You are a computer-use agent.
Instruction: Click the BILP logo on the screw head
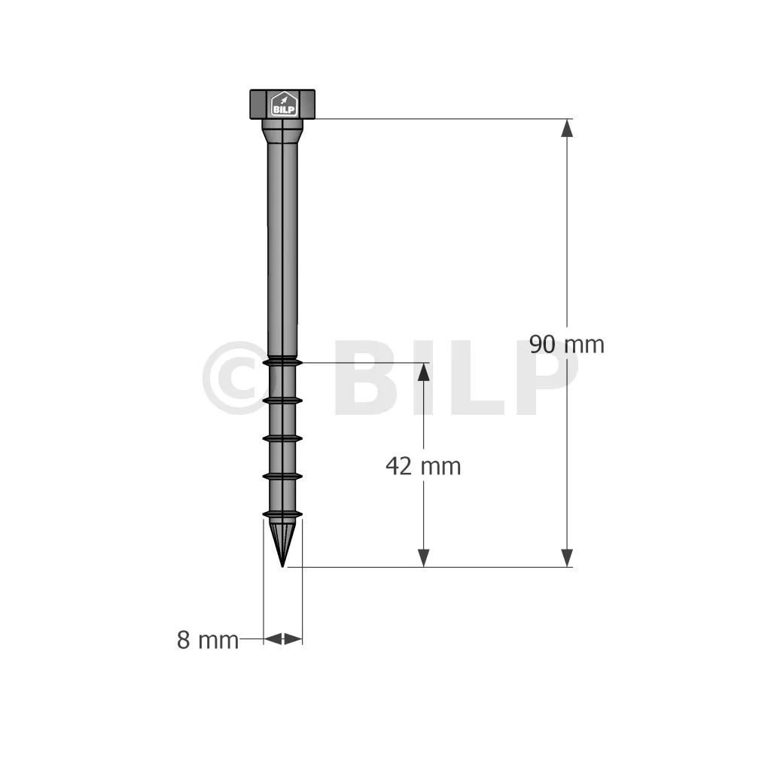(284, 104)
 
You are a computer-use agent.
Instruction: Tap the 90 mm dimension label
(567, 344)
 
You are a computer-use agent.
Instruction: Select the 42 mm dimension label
(423, 466)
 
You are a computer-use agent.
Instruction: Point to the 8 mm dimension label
(208, 640)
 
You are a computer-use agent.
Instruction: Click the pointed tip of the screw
(282, 566)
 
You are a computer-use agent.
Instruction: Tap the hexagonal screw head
(282, 104)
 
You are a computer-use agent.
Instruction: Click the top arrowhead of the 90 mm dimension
(567, 128)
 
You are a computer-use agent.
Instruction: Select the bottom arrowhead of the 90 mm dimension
(567, 558)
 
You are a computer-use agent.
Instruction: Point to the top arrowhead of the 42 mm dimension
(423, 372)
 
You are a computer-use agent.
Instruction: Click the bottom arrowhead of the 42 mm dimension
(423, 558)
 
